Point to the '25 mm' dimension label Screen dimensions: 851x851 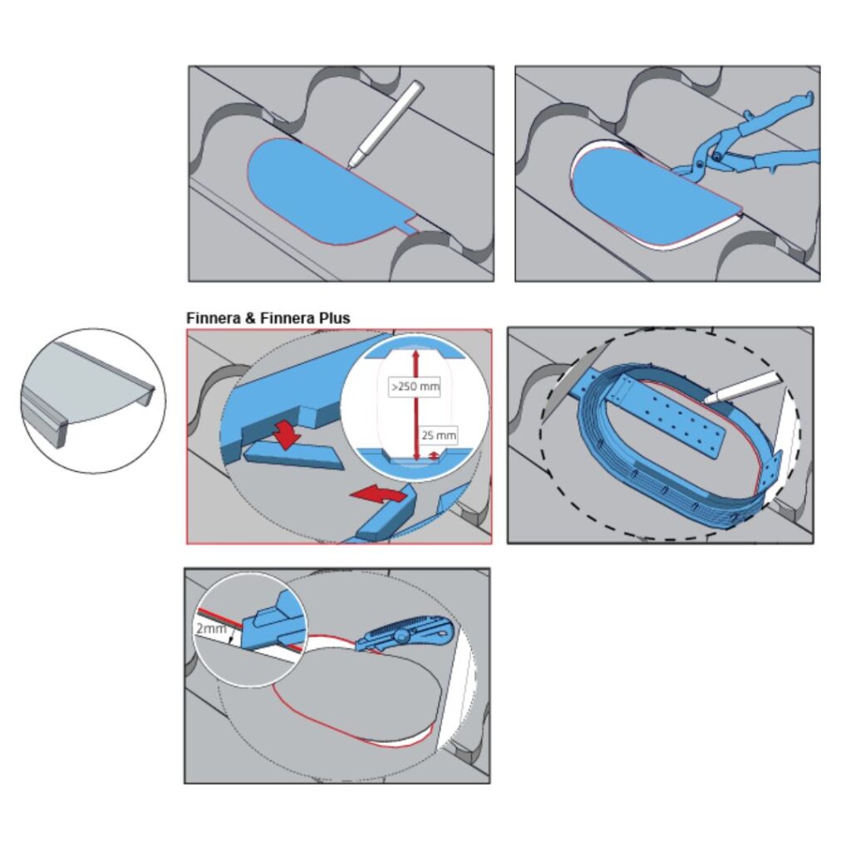[x=439, y=435]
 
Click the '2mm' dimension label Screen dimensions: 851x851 [x=210, y=628]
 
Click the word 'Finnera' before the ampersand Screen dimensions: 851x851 [x=214, y=318]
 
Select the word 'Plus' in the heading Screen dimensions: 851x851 [x=334, y=318]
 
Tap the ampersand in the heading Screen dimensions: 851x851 [x=250, y=318]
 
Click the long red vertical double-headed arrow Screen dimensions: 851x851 [x=416, y=405]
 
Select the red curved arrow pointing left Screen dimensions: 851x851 [x=378, y=493]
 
